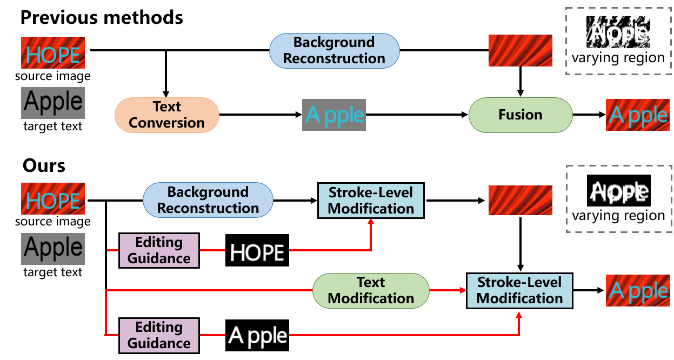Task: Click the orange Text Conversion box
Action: coord(166,115)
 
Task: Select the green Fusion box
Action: coord(520,115)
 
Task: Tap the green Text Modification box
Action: coord(371,291)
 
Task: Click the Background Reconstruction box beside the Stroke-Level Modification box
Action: coord(208,200)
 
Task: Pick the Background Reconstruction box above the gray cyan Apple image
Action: coord(334,51)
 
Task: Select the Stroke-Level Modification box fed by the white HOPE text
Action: coord(371,201)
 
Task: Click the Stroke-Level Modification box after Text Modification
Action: coord(519,291)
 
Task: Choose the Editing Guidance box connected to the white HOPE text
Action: coord(159,250)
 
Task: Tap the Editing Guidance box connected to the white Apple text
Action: coord(159,335)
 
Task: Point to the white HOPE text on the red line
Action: coord(257,252)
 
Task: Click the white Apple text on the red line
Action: coord(257,336)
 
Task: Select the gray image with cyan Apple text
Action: coord(334,115)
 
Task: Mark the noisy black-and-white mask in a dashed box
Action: coord(618,32)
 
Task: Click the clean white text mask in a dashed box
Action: coord(619,192)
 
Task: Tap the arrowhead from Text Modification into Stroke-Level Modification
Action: coord(463,291)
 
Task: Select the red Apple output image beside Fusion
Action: coord(637,115)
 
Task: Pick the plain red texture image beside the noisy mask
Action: coord(520,51)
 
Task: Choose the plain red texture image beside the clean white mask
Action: coord(520,201)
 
